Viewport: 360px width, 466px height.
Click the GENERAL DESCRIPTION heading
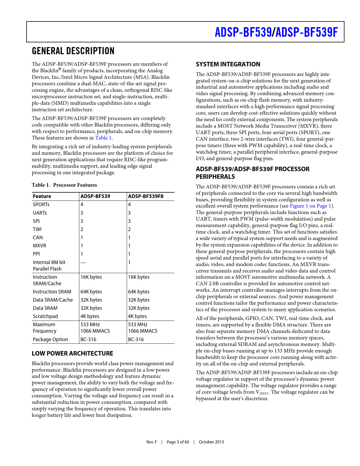[x=73, y=51]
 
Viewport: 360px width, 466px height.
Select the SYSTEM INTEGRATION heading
[x=228, y=64]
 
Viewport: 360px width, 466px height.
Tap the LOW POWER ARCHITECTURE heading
[x=72, y=353]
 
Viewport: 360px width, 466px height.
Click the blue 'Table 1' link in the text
[x=103, y=138]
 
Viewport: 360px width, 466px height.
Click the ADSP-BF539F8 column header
[x=146, y=196]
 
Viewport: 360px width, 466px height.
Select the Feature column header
[x=42, y=196]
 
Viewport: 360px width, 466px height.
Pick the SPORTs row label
[x=41, y=204]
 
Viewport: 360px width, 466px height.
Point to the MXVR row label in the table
[x=40, y=246]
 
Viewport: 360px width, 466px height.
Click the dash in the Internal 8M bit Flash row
[x=83, y=262]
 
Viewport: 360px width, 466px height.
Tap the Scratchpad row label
[x=45, y=316]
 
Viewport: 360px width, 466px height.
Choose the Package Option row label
[x=50, y=339]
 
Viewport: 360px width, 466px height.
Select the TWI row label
[x=37, y=229]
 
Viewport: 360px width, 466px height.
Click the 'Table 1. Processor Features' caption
[x=64, y=185]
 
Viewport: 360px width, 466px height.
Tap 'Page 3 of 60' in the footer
[x=178, y=442]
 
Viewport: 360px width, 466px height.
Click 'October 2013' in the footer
[x=211, y=442]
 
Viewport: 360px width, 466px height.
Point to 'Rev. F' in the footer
[x=152, y=442]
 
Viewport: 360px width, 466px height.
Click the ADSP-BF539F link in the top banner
[x=306, y=32]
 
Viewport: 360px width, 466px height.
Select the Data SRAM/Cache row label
[x=53, y=300]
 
